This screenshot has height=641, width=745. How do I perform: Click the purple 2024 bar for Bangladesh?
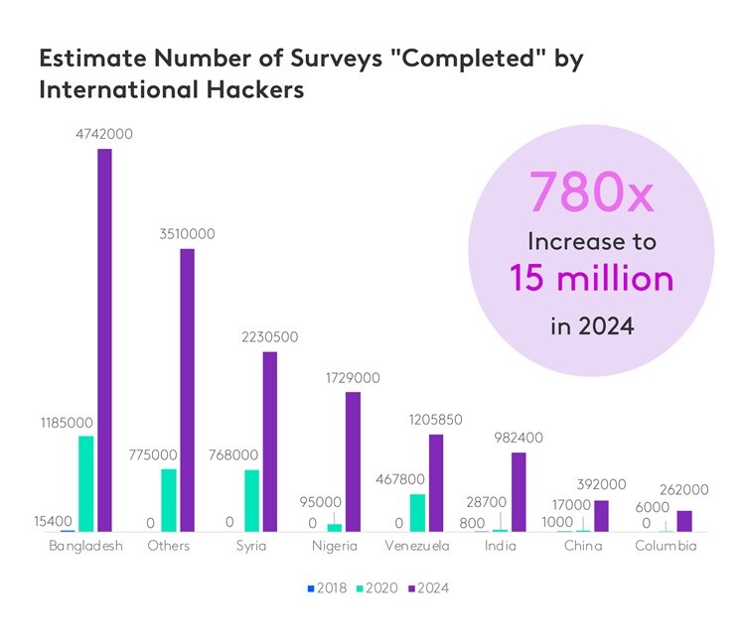point(104,340)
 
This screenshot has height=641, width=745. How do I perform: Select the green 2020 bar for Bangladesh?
point(86,483)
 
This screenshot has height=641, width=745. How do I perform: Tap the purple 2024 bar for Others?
point(187,390)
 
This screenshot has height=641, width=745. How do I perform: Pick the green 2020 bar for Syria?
point(252,500)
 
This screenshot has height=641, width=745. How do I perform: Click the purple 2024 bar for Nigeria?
point(353,461)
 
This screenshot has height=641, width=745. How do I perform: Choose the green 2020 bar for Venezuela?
point(417,512)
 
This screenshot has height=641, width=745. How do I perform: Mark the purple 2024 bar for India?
point(518,491)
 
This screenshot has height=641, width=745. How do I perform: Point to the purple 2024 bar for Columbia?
point(683,521)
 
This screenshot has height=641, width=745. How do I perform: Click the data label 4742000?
point(104,134)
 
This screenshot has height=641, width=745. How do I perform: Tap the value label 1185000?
point(67,423)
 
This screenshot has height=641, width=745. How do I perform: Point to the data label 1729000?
point(352,378)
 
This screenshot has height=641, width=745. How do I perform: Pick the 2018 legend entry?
point(327,588)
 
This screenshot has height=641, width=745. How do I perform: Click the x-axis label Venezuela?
point(417,547)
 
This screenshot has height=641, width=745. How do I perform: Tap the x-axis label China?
point(583,547)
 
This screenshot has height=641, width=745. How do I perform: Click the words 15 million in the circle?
point(592,278)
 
